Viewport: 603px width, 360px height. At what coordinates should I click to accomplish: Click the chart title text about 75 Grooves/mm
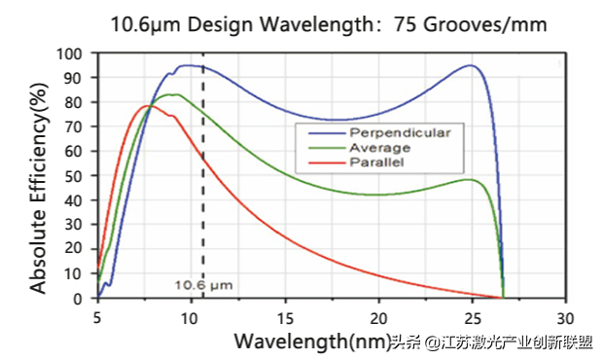click(301, 22)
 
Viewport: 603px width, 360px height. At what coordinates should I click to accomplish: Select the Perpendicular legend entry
click(384, 129)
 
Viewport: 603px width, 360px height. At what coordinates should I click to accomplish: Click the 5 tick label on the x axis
click(97, 317)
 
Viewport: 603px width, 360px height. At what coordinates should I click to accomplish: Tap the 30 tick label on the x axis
click(566, 317)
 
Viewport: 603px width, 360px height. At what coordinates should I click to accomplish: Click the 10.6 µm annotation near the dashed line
click(204, 285)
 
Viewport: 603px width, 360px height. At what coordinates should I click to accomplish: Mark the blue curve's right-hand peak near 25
click(471, 65)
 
